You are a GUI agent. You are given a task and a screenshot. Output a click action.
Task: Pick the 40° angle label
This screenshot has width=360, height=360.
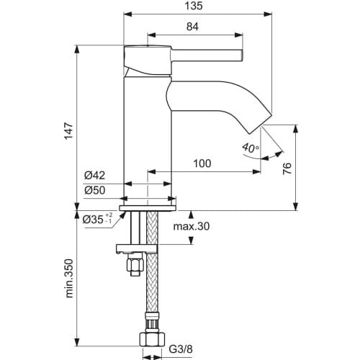249,148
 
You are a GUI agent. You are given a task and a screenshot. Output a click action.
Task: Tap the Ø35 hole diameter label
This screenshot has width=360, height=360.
98,219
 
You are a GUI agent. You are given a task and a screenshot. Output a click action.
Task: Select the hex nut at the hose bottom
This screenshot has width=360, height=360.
151,341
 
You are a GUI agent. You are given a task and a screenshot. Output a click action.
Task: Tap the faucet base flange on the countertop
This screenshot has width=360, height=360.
148,204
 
